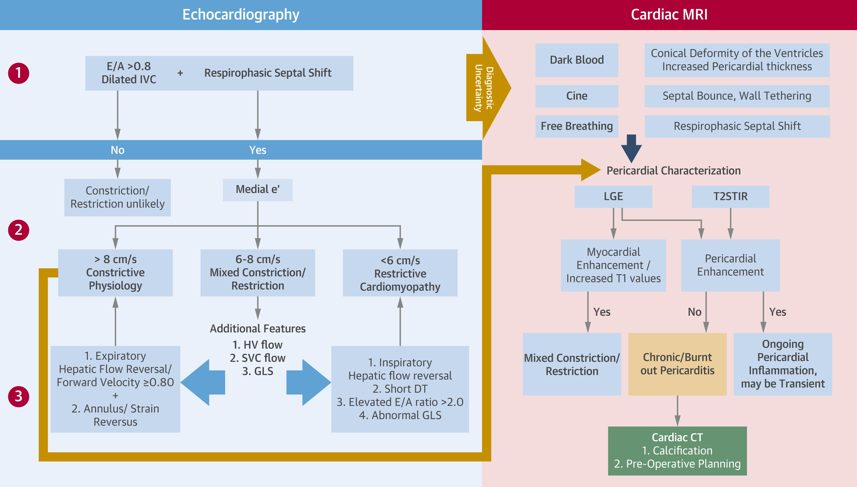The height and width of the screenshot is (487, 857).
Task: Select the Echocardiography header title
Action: pyautogui.click(x=241, y=15)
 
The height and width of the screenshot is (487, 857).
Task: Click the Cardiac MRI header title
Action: pyautogui.click(x=669, y=15)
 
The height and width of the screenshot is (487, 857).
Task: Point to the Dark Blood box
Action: pyautogui.click(x=577, y=60)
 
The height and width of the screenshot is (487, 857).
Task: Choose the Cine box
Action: pyautogui.click(x=577, y=96)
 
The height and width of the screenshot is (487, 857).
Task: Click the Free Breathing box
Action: pyautogui.click(x=577, y=126)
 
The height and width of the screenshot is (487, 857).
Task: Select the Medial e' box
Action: pyautogui.click(x=258, y=190)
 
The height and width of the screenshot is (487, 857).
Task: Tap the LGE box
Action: pyautogui.click(x=613, y=196)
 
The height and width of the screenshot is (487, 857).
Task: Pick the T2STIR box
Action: pyautogui.click(x=730, y=196)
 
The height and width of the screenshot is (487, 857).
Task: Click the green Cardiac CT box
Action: pyautogui.click(x=677, y=451)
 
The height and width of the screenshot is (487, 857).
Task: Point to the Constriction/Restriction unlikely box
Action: pyautogui.click(x=117, y=197)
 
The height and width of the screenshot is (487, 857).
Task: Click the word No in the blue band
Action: pyautogui.click(x=117, y=150)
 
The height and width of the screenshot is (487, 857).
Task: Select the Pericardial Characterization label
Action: pyautogui.click(x=673, y=171)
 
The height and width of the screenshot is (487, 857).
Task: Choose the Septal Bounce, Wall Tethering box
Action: pyautogui.click(x=737, y=96)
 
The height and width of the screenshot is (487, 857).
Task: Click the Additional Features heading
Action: pyautogui.click(x=258, y=329)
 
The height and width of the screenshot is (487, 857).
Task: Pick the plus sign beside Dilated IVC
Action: pyautogui.click(x=180, y=73)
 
